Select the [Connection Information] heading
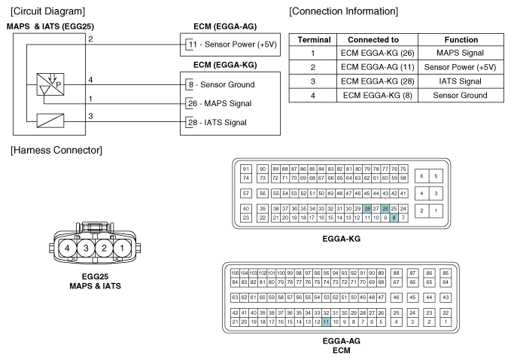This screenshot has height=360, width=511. tap(343, 11)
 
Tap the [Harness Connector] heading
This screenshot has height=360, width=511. tap(56, 151)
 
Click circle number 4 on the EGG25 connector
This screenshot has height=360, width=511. tap(68, 247)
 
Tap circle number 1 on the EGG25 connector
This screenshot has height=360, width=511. tap(121, 247)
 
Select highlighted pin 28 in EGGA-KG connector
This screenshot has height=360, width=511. tap(367, 209)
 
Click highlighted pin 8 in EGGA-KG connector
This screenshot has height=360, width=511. tap(394, 218)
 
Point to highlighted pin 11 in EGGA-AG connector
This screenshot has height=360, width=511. tap(326, 322)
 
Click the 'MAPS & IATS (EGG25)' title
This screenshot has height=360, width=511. tap(50, 26)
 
